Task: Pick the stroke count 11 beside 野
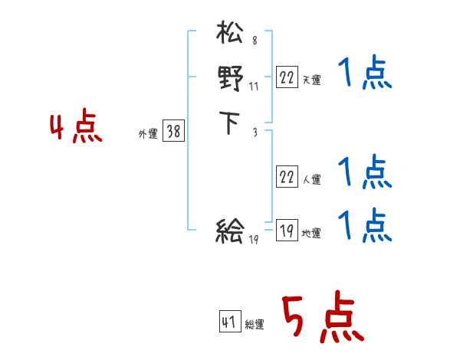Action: click(x=253, y=87)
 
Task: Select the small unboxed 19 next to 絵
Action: click(x=255, y=240)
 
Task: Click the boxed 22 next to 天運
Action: click(x=287, y=77)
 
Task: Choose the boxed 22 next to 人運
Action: click(x=287, y=177)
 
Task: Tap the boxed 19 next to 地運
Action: click(x=287, y=231)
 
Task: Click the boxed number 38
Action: click(x=173, y=132)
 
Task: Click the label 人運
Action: click(x=311, y=180)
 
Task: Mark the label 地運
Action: click(x=311, y=234)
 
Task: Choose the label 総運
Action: click(x=255, y=325)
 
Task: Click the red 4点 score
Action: click(x=76, y=127)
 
